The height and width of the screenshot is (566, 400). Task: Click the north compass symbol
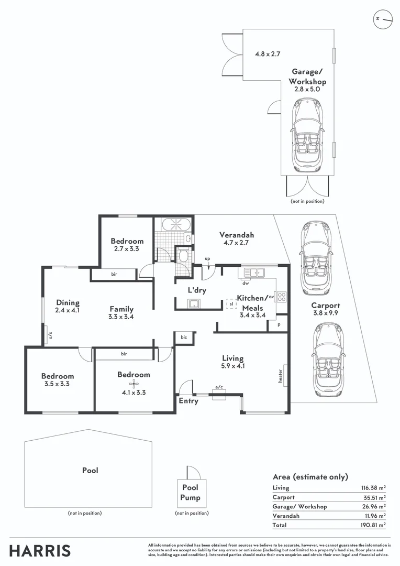pos(383,19)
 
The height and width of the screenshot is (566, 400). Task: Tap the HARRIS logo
pos(40,550)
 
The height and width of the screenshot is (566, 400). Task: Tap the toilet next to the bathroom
pos(183,256)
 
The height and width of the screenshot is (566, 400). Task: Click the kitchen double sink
pos(253,273)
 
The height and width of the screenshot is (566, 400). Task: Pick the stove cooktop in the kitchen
pos(281,297)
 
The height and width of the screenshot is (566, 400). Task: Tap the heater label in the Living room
pos(281,375)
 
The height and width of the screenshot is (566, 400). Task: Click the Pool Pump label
pos(191,492)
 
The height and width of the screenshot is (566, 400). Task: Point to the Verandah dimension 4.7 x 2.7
pos(237,243)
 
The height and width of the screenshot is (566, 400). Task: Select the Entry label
pos(188,401)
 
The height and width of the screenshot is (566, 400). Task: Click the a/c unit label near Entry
pos(219,388)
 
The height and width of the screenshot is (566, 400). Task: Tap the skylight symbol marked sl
pos(230,303)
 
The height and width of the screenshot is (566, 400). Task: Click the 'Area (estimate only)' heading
pos(310,477)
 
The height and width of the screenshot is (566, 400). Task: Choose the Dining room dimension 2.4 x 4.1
pos(68,310)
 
